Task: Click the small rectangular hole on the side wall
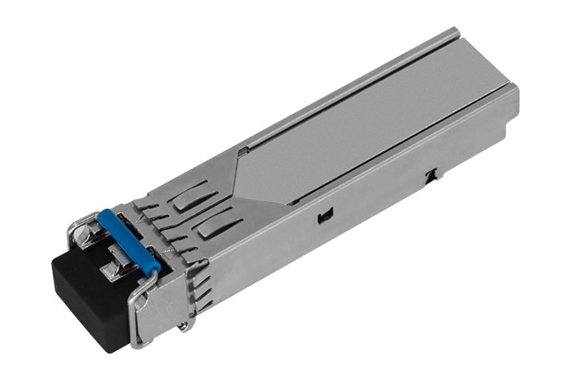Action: click(x=325, y=214)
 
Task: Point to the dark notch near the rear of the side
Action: click(x=430, y=176)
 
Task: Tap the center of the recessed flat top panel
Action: click(x=361, y=133)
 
